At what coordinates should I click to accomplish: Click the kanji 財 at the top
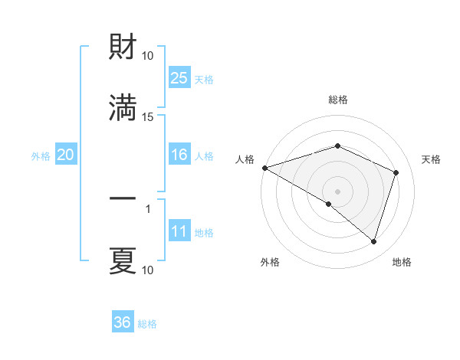coord(123,47)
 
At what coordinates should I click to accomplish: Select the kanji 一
coord(123,198)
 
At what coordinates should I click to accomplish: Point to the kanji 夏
coord(123,260)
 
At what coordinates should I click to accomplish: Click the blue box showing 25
coord(179,77)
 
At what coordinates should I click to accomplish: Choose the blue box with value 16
coord(179,155)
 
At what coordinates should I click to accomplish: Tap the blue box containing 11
coord(179,232)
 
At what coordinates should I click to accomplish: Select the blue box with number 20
coord(66,155)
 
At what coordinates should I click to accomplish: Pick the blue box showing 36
coord(123,322)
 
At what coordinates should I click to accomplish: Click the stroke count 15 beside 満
coord(148,116)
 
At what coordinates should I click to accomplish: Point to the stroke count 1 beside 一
coord(148,208)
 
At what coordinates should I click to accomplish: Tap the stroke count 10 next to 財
coord(148,55)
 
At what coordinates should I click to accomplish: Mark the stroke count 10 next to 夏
coord(148,270)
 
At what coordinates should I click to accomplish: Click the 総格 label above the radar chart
coord(338,100)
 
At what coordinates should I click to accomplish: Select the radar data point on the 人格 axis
coord(264,168)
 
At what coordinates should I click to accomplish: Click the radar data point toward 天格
coord(396,172)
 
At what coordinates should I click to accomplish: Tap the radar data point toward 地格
coord(374,242)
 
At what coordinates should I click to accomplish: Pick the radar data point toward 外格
coord(329,204)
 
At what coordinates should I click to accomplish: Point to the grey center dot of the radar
coord(338,191)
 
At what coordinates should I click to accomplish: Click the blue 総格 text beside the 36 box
coord(147,323)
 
